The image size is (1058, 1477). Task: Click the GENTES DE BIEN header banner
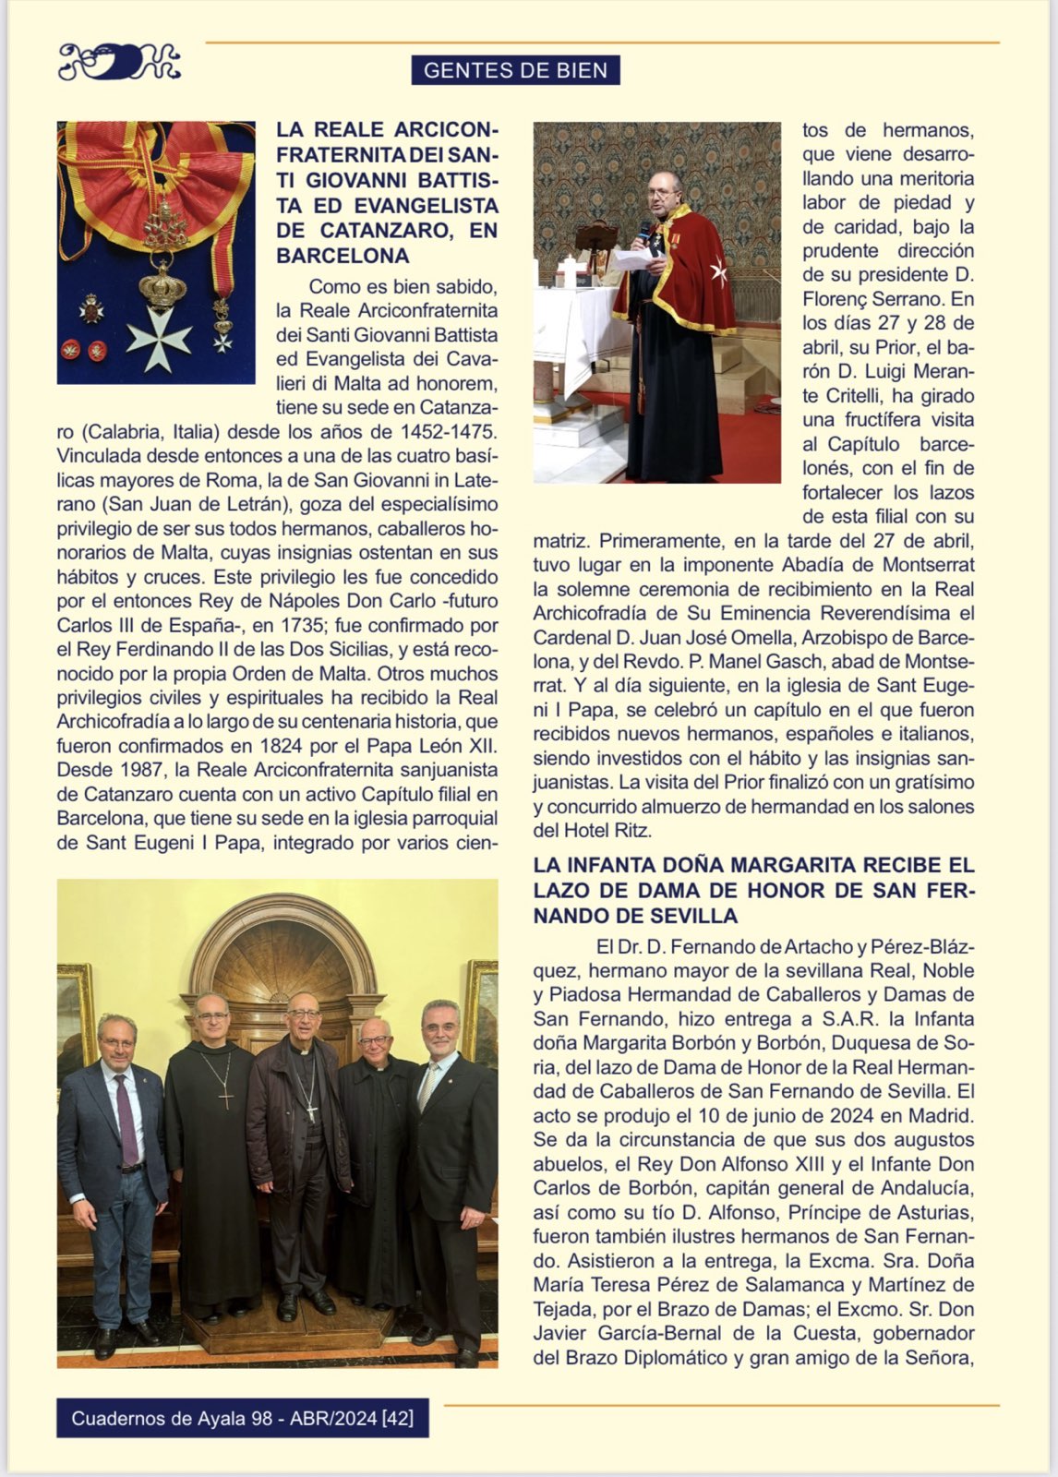pos(515,70)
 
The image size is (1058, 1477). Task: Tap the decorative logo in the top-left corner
pos(118,63)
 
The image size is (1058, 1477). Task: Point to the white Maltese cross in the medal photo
pos(159,339)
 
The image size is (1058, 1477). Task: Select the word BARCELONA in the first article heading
pos(343,256)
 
